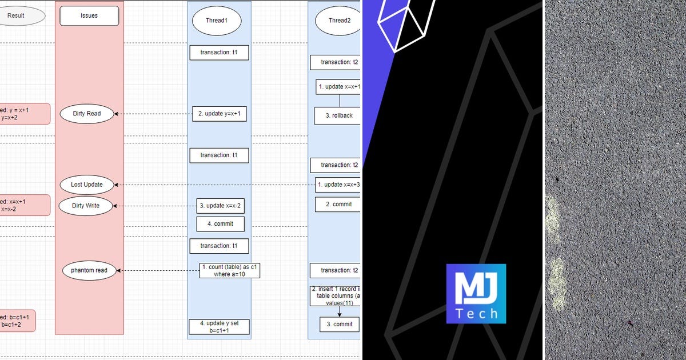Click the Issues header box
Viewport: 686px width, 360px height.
pos(89,16)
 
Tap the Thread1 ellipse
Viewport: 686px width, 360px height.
pos(216,21)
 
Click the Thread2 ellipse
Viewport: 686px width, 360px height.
pos(338,21)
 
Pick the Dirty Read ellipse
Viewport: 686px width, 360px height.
pos(87,114)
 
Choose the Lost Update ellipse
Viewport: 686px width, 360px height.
pos(87,185)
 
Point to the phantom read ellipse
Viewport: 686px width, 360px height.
pos(89,270)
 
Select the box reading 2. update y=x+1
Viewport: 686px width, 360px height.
pos(219,114)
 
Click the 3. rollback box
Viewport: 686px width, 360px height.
pos(338,115)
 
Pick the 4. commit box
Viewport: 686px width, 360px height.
pos(223,224)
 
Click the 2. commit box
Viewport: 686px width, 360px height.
pos(338,204)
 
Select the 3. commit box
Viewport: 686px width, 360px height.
pos(339,324)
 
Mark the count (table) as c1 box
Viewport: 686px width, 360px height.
pos(230,270)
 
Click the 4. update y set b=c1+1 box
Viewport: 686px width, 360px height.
pos(219,327)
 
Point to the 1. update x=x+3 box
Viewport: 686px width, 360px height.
pos(338,185)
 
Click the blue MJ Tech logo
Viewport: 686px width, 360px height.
pos(476,294)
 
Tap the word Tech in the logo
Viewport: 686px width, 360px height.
pos(476,314)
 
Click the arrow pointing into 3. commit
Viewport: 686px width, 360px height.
pos(340,313)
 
